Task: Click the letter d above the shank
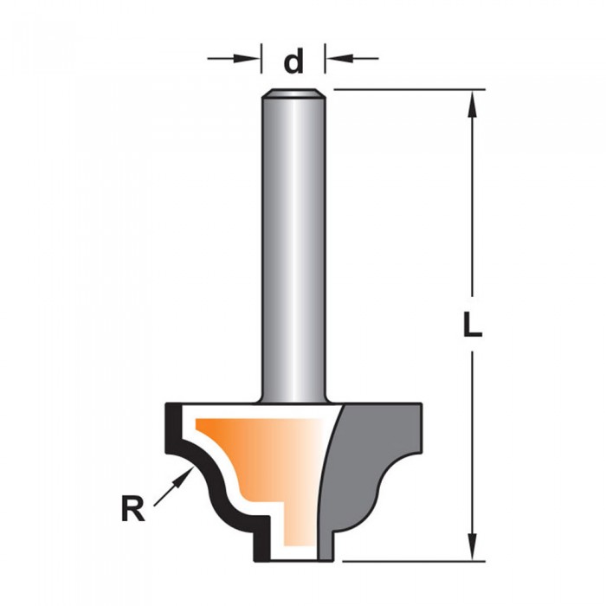(x=293, y=61)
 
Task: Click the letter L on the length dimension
(x=473, y=324)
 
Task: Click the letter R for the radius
(x=133, y=509)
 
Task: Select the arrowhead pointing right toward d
(x=247, y=59)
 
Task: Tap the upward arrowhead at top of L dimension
(x=473, y=104)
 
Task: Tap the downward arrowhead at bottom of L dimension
(x=473, y=546)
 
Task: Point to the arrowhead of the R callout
(x=184, y=475)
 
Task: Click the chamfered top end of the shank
(x=293, y=93)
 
